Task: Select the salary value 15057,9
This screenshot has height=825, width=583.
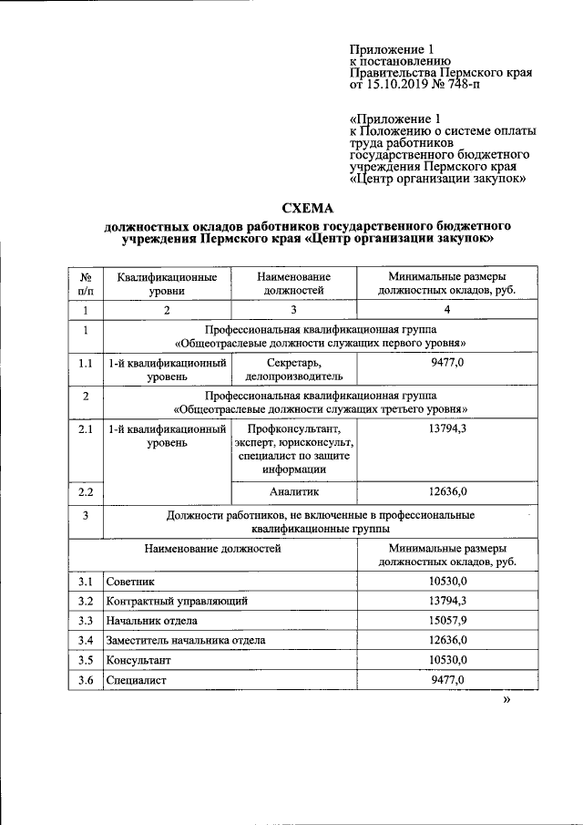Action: [447, 620]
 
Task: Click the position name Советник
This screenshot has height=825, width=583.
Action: [130, 581]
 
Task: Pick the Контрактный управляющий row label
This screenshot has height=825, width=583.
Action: [177, 601]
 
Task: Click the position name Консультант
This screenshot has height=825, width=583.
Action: [138, 659]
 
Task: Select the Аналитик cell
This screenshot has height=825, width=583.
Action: [294, 492]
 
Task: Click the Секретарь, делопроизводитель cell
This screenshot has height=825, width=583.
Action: [294, 368]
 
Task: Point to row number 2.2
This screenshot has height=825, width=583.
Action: [85, 492]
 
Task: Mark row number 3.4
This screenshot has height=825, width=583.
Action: [85, 640]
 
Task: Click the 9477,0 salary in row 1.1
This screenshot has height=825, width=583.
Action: [447, 362]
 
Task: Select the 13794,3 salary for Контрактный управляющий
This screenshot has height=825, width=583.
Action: [447, 601]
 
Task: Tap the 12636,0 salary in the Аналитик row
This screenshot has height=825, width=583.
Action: [447, 492]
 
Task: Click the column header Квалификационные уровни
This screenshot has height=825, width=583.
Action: [167, 284]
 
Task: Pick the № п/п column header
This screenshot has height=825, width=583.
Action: [85, 284]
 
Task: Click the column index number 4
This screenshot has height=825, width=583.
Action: [447, 311]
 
